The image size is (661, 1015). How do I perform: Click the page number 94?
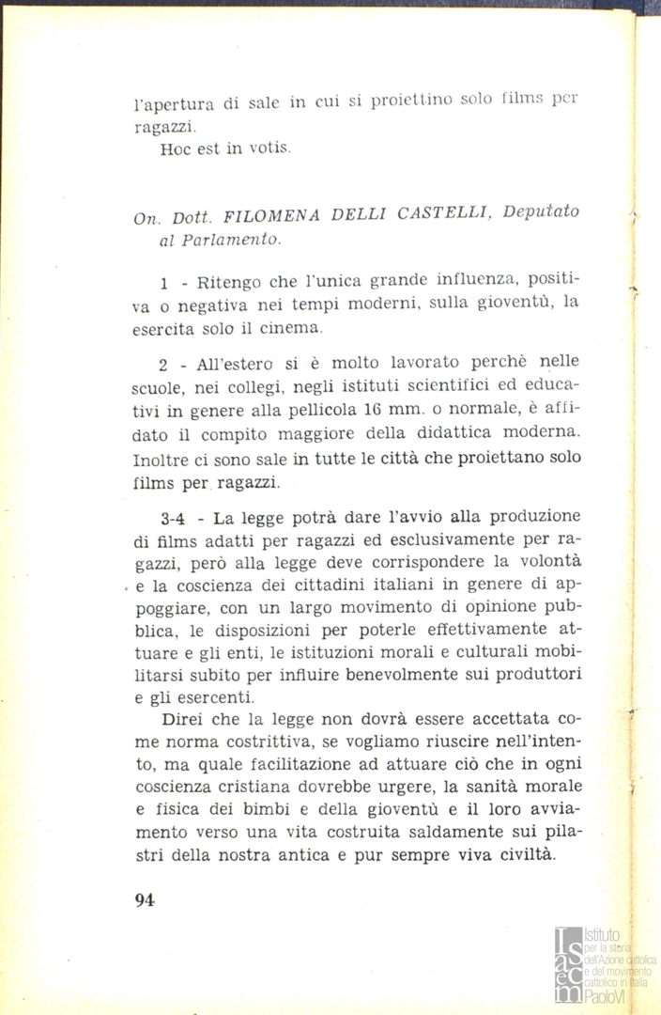[x=144, y=898]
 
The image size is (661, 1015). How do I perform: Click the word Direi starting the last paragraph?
[x=183, y=718]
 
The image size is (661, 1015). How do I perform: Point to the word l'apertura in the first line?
[x=170, y=104]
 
